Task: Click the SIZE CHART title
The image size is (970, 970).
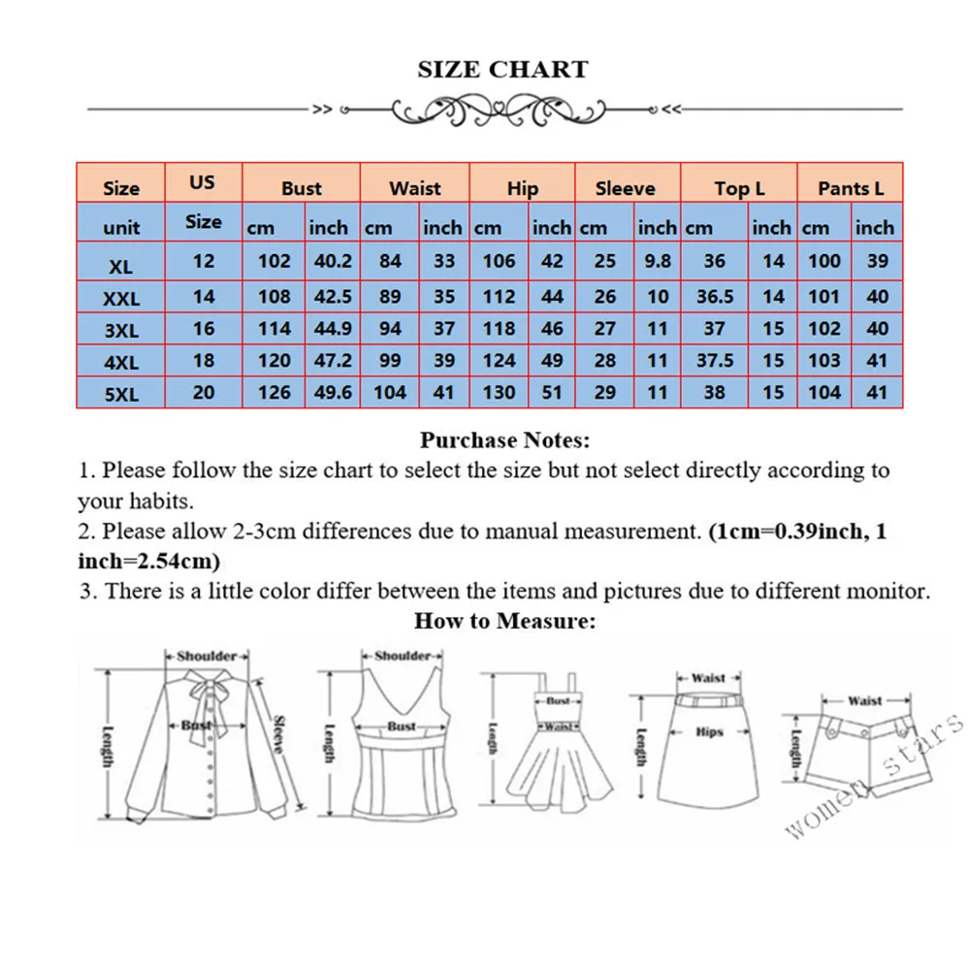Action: pyautogui.click(x=502, y=70)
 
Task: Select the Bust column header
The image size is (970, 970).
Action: pyautogui.click(x=301, y=188)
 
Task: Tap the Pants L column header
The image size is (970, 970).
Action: pyautogui.click(x=851, y=188)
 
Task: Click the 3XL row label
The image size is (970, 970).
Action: pyautogui.click(x=121, y=331)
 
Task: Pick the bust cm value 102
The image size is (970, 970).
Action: pyautogui.click(x=274, y=261)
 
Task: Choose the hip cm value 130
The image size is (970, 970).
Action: pyautogui.click(x=499, y=393)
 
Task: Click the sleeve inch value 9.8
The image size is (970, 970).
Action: pyautogui.click(x=658, y=261)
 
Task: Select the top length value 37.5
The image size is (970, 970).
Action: pyautogui.click(x=715, y=361)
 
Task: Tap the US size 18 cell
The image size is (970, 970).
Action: pyautogui.click(x=203, y=361)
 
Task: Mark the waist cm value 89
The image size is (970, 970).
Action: pyautogui.click(x=390, y=297)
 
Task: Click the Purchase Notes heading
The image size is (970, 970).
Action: pyautogui.click(x=504, y=440)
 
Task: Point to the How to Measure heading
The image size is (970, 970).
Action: pyautogui.click(x=504, y=621)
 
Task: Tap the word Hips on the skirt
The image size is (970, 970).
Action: pyautogui.click(x=709, y=731)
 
